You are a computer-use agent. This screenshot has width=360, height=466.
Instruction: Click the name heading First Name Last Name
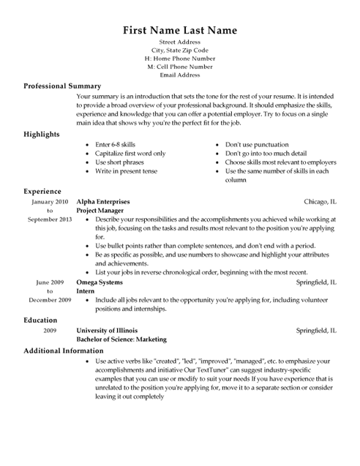[180, 31]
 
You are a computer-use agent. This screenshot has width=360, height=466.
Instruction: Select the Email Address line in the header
[180, 75]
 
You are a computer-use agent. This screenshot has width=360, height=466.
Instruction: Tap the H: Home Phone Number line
[180, 59]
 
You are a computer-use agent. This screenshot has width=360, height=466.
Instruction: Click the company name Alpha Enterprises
[103, 200]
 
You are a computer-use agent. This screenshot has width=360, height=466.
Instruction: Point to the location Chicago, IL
[320, 200]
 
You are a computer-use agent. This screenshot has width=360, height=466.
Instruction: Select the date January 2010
[50, 200]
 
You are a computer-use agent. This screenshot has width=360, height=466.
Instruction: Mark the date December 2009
[50, 300]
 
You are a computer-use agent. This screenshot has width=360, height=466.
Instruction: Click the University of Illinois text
[108, 331]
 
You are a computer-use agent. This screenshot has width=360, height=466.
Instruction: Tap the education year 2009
[50, 331]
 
